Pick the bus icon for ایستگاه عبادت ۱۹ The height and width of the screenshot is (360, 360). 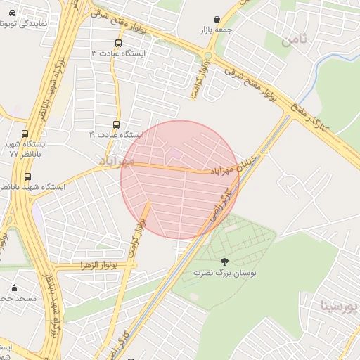pos(117,124)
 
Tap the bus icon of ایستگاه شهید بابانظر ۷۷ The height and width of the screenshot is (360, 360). pos(25,134)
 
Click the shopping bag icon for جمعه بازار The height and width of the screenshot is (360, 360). pos(216,20)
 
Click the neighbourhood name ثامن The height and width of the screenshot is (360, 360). pos(295,39)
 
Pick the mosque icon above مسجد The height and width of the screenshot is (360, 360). pos(14,288)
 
